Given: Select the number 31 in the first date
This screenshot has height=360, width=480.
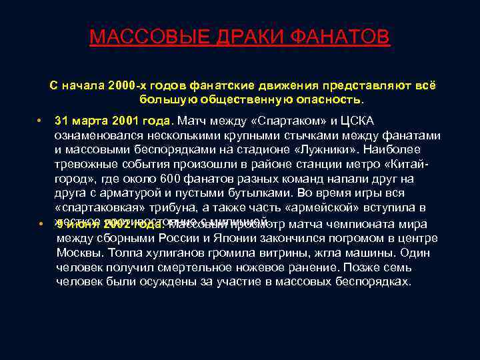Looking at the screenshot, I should point(61,121).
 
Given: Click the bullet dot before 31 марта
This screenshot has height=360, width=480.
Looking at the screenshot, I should point(41,121).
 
